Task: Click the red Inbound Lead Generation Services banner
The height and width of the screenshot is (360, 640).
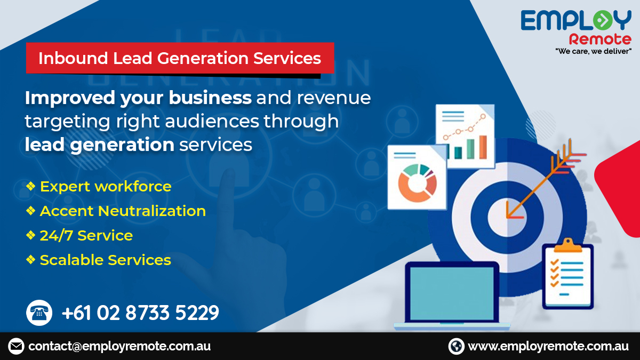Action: tap(180, 58)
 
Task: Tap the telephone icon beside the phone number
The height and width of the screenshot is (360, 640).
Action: tap(39, 313)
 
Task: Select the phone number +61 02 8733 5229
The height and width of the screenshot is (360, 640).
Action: tap(140, 313)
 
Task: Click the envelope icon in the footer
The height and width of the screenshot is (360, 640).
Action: tap(17, 346)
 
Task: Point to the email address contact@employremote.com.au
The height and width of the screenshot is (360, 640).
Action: tap(119, 346)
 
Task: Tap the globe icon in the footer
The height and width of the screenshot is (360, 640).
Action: tap(457, 346)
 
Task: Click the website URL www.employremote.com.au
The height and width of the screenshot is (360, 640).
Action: tap(548, 346)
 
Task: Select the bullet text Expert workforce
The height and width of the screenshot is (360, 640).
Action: tap(106, 187)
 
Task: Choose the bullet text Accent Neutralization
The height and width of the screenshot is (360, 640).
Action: tap(123, 211)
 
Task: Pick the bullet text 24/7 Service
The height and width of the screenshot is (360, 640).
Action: tap(86, 236)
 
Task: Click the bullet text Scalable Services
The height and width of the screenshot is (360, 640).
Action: tap(106, 260)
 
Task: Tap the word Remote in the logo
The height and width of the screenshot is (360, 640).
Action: tap(600, 39)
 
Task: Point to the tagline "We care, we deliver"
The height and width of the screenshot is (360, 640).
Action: tap(594, 51)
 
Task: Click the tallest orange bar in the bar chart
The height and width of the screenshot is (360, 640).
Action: tap(483, 147)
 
